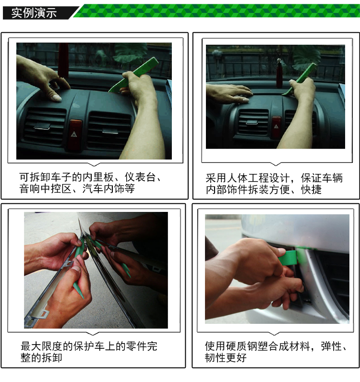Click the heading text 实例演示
[34, 13]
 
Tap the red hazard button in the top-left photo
[75, 134]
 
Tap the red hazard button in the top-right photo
[276, 126]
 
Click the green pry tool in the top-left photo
[133, 74]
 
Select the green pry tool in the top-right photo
[300, 79]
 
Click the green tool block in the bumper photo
[288, 258]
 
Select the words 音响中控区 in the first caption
[46, 189]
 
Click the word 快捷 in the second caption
[312, 189]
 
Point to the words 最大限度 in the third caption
[41, 346]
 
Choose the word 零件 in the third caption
[136, 346]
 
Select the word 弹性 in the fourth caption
[332, 346]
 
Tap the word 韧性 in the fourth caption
[215, 357]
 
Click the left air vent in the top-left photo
[45, 126]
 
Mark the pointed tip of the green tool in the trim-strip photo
[83, 298]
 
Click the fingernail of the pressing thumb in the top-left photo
[57, 98]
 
